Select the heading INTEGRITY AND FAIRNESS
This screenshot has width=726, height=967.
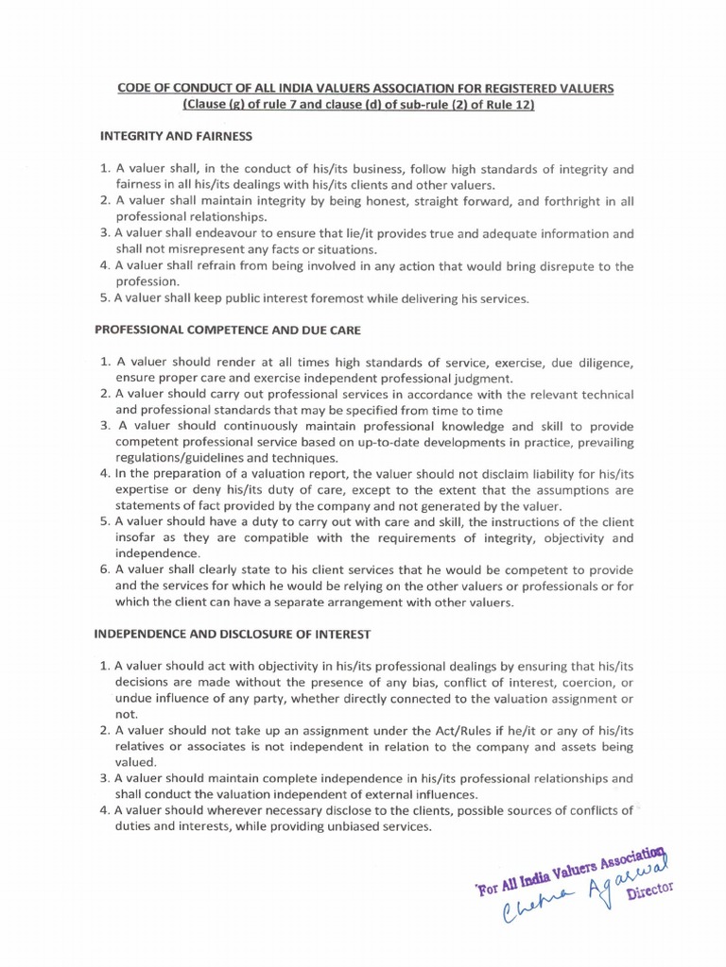click(176, 136)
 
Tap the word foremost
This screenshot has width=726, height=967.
click(343, 298)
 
